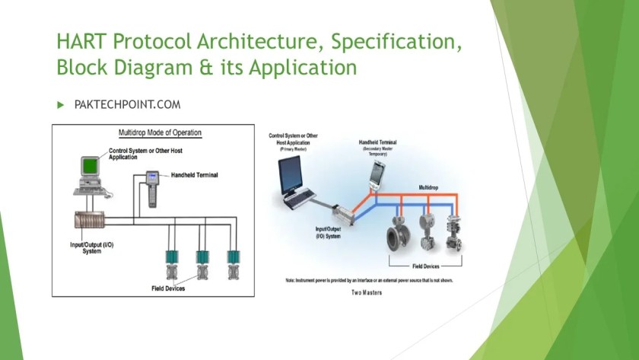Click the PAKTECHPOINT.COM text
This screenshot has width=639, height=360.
click(127, 104)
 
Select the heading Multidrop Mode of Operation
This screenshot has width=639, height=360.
click(160, 132)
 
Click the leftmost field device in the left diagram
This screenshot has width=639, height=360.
click(172, 263)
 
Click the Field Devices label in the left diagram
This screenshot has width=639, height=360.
click(168, 288)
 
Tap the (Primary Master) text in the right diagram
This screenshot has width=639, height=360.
click(285, 149)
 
